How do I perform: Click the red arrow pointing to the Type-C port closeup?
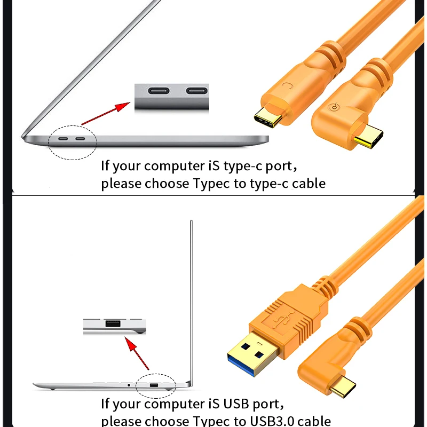106,113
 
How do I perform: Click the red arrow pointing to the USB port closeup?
137,353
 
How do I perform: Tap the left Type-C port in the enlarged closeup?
159,91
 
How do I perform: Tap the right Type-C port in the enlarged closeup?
197,91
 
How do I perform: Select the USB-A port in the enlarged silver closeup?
113,323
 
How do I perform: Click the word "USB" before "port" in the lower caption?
236,404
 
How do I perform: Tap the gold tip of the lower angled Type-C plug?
343,386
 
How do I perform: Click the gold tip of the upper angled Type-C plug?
369,136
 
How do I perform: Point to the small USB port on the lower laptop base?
154,385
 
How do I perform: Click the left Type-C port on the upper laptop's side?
63,139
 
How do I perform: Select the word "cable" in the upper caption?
309,183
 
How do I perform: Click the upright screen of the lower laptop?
192,302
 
